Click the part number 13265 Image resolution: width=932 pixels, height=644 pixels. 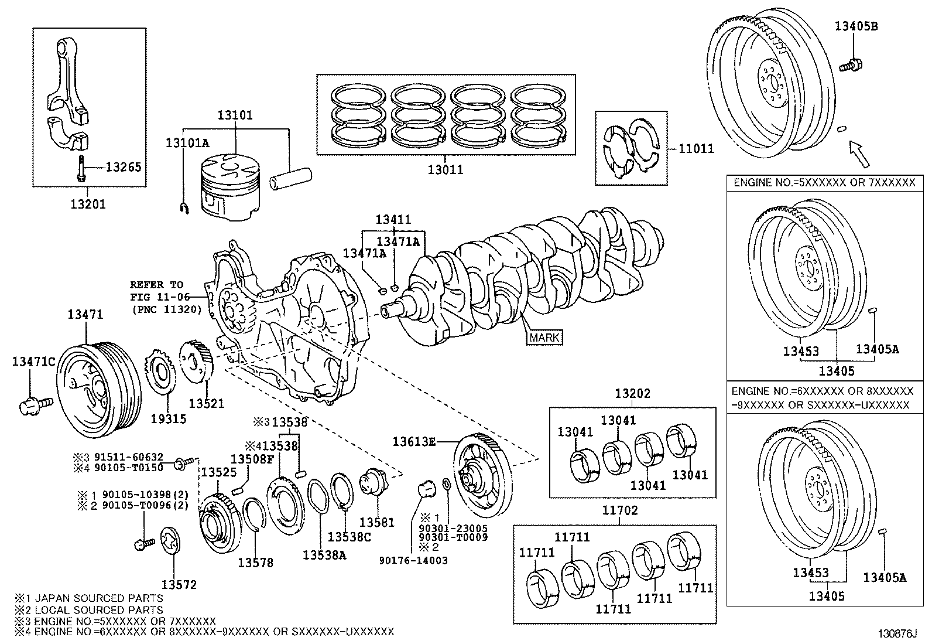click(124, 168)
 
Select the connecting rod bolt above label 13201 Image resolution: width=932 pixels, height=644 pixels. click(80, 168)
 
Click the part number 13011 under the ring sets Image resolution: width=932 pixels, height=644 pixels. click(445, 170)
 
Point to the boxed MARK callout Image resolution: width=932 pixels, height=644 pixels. click(544, 338)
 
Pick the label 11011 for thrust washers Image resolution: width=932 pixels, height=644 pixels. click(697, 149)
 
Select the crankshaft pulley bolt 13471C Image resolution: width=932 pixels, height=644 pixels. click(35, 404)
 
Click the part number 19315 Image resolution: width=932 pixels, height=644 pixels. click(168, 418)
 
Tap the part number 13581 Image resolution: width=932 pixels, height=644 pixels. click(376, 522)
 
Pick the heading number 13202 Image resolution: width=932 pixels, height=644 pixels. click(632, 394)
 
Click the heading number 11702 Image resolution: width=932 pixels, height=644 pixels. click(621, 510)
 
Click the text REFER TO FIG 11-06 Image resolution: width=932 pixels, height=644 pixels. click(157, 291)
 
